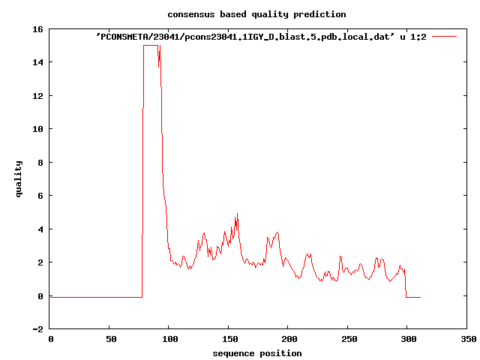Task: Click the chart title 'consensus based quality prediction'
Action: point(256,14)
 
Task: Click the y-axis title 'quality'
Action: point(19,178)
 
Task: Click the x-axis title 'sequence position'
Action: point(256,353)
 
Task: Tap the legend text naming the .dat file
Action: point(262,36)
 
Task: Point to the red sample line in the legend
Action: point(444,36)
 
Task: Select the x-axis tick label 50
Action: point(109,339)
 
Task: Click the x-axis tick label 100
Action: point(169,339)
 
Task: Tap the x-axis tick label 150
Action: point(229,339)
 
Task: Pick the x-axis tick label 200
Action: point(288,339)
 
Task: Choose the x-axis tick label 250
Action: point(348,339)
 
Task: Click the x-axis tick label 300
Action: point(407,339)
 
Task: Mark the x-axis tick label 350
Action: point(466,339)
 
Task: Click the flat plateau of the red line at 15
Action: point(150,46)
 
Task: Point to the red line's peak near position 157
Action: point(237,214)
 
